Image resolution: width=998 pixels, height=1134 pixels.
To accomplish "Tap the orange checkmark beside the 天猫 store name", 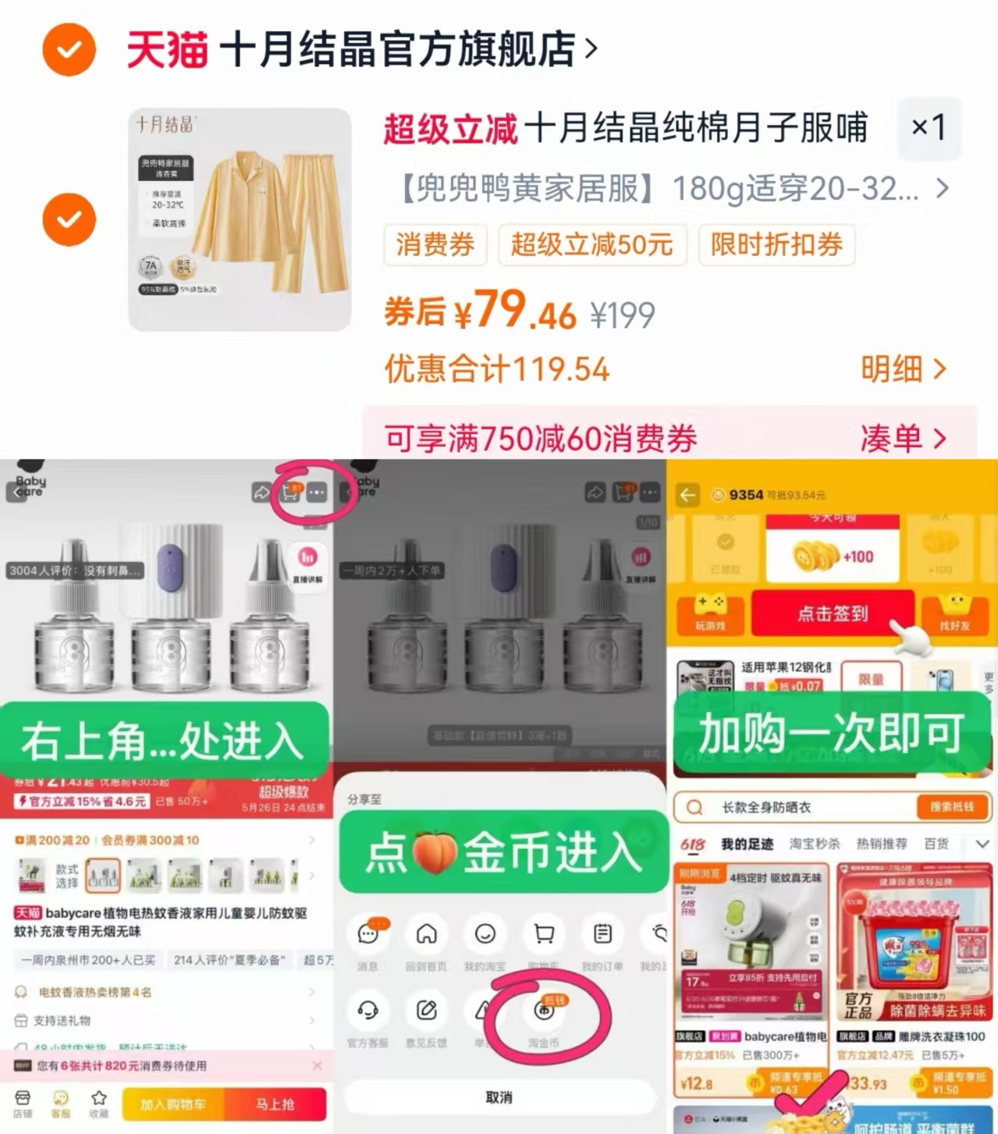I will (x=69, y=50).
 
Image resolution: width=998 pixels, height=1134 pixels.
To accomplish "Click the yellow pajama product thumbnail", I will (x=240, y=219).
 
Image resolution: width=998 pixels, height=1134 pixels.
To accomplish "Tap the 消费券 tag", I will (x=435, y=245).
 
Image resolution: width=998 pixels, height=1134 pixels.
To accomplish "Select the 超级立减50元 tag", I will (x=591, y=245).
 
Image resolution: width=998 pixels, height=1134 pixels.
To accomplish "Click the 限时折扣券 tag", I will (x=776, y=245).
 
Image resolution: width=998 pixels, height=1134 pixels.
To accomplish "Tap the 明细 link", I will (x=903, y=369).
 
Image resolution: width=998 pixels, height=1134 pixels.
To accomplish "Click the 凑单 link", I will (x=903, y=439).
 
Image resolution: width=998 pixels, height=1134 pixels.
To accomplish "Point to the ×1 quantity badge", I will (x=929, y=127).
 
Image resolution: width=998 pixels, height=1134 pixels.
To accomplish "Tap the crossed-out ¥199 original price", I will (x=622, y=315).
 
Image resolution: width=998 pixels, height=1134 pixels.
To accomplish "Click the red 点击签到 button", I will (x=832, y=613).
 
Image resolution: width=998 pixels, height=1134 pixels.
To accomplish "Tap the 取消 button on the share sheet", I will (x=499, y=1097).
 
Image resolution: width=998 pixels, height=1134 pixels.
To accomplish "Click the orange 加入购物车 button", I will (x=172, y=1104).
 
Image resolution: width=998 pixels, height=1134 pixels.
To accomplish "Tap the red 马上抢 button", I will (x=275, y=1104).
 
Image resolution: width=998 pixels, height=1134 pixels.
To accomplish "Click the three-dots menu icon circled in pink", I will (x=316, y=493).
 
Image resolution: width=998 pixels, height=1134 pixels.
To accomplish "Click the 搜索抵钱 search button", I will (x=950, y=807).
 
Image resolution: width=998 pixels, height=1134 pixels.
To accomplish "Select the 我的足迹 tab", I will (x=747, y=844).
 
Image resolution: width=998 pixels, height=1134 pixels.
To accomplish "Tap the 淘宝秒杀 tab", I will (x=815, y=844).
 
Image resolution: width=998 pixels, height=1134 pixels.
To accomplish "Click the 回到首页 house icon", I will (x=426, y=934).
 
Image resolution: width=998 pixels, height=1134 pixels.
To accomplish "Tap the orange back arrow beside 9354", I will (x=687, y=495).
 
